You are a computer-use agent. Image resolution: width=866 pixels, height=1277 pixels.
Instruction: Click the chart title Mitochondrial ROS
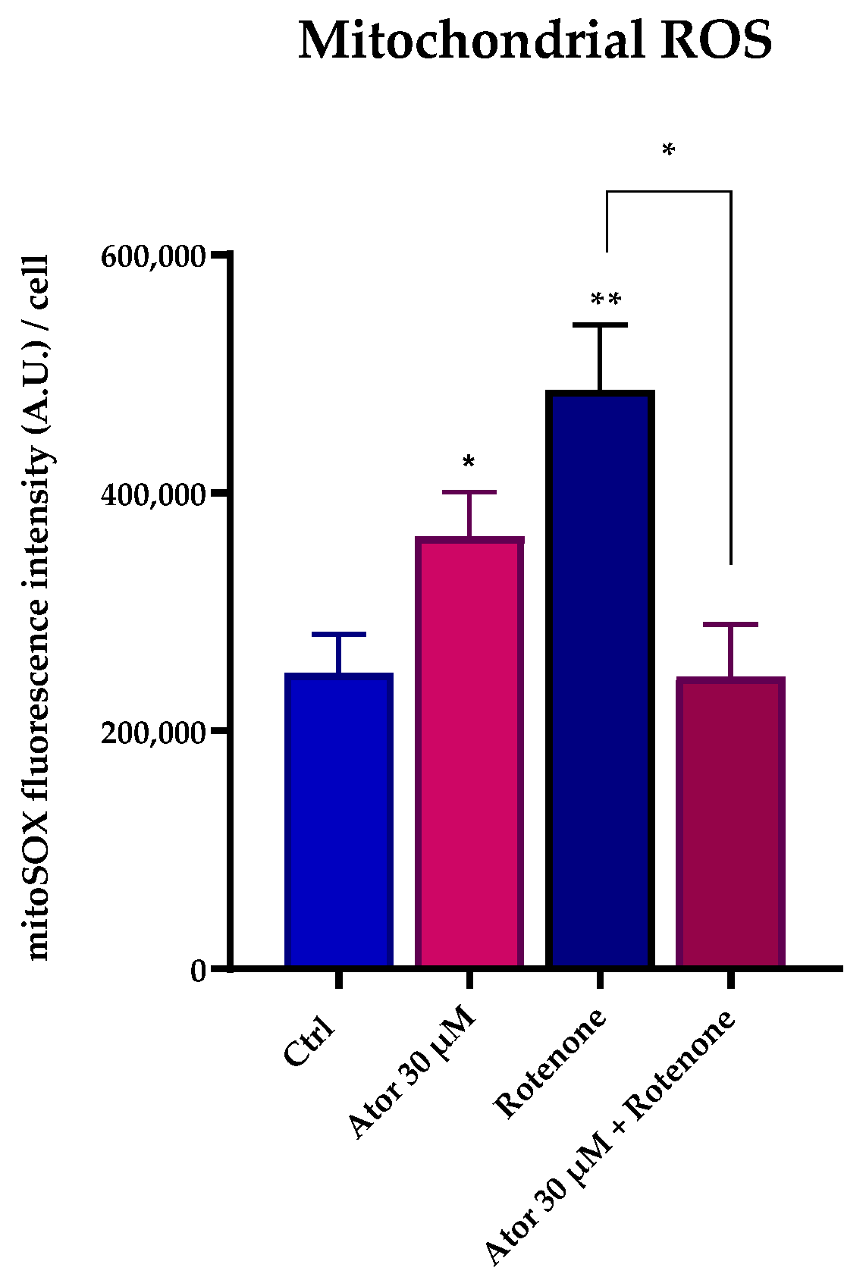tap(535, 41)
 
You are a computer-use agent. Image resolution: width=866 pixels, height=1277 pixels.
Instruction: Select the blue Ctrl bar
tap(339, 819)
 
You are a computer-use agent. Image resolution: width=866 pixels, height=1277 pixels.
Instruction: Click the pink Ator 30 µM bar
tap(469, 751)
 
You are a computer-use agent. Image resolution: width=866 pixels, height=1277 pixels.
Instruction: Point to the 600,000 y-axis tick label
tap(153, 256)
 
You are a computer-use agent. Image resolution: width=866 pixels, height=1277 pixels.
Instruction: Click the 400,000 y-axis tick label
tap(153, 494)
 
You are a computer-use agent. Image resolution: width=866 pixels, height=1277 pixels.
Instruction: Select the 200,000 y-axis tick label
tap(153, 733)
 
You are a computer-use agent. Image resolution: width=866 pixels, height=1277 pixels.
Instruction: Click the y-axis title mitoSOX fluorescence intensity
tap(38, 607)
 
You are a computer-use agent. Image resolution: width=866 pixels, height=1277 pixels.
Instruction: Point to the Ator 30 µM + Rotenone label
tap(610, 1137)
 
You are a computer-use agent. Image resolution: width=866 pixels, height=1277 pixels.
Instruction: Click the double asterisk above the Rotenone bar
tap(606, 300)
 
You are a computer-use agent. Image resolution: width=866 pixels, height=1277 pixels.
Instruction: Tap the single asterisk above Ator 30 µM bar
tap(469, 463)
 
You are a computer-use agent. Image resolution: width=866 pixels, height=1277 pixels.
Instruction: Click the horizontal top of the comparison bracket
tap(668, 191)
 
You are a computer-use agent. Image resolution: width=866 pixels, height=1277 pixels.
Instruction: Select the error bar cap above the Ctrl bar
tap(339, 634)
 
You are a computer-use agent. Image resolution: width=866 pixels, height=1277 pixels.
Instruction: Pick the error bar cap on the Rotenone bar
tap(600, 325)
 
